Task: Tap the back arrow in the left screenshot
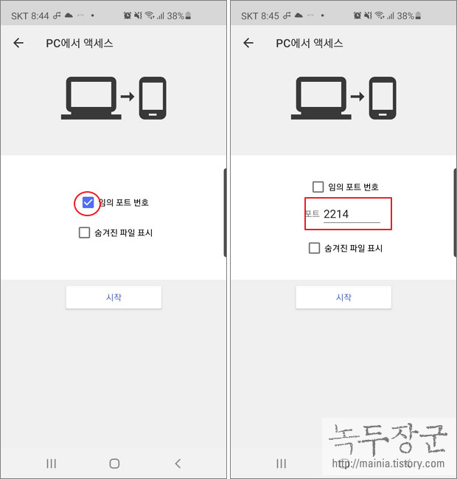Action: point(18,43)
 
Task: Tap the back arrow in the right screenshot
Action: point(248,43)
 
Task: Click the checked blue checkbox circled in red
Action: point(88,202)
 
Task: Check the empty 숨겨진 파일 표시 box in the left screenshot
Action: point(84,232)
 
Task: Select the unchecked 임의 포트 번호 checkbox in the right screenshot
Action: point(318,187)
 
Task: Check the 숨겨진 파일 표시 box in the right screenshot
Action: point(314,248)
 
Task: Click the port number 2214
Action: point(336,214)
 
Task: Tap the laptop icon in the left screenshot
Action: point(91,98)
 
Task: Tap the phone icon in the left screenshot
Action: point(153,98)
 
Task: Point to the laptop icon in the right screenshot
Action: point(321,98)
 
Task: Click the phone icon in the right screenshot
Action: point(383,98)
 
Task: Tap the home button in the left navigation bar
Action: point(114,464)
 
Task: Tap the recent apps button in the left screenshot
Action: point(52,464)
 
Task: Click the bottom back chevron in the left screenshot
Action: point(178,464)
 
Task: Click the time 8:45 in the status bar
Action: point(270,16)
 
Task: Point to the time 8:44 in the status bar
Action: point(40,16)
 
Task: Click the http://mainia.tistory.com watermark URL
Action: point(388,464)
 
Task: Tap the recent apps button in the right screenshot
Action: point(282,464)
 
